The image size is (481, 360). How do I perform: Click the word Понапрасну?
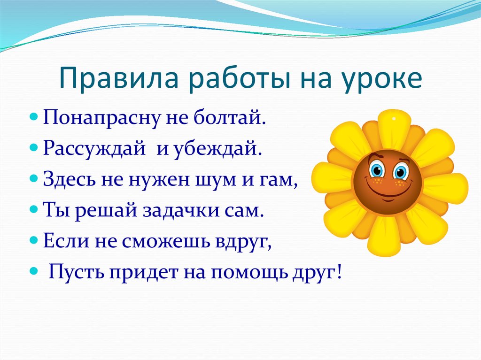point(102,118)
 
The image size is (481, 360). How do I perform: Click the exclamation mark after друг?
point(339,270)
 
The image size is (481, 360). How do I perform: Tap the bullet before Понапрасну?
point(34,117)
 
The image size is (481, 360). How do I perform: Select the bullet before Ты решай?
point(34,210)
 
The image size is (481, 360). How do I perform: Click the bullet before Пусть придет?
point(34,271)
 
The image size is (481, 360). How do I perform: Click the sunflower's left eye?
point(377,170)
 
